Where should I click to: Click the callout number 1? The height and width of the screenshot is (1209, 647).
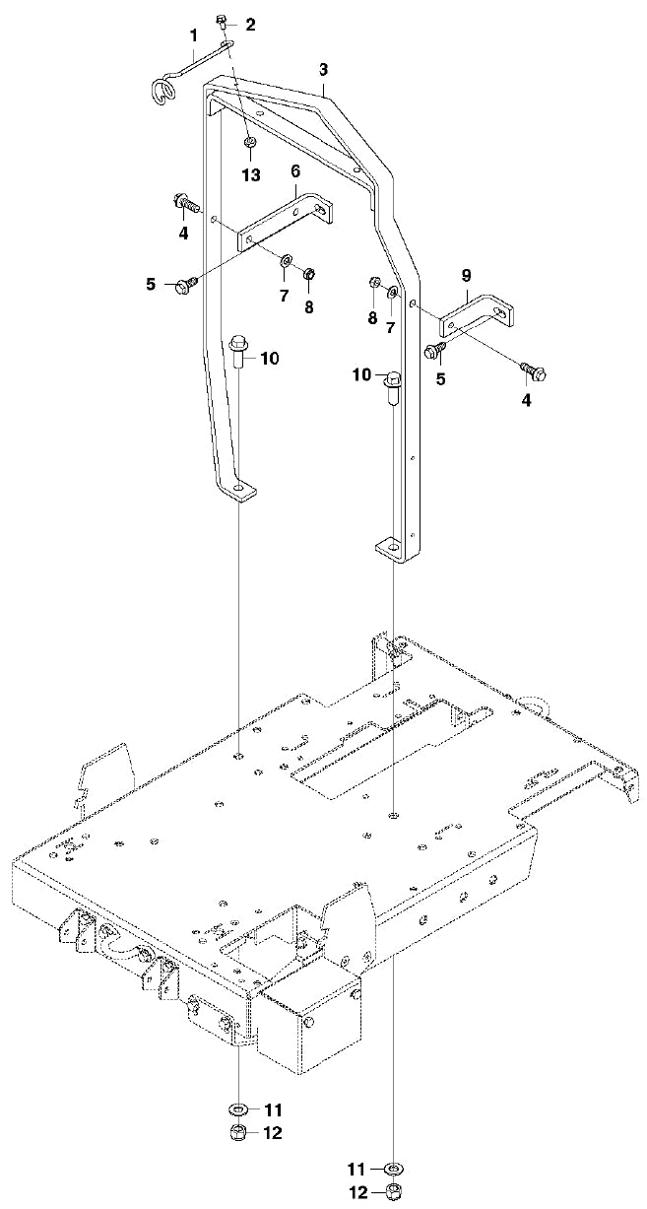point(194,35)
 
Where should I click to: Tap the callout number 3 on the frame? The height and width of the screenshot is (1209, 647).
point(324,69)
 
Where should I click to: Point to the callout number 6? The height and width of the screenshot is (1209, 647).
point(294,170)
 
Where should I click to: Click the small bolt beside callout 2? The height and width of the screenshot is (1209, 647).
point(223,21)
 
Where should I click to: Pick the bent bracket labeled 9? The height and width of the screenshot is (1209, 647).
point(477,311)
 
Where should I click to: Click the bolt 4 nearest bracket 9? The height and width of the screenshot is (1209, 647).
point(535,371)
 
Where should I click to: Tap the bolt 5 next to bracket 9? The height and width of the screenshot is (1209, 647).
point(434,350)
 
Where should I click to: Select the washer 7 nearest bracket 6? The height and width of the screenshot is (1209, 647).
point(286,261)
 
